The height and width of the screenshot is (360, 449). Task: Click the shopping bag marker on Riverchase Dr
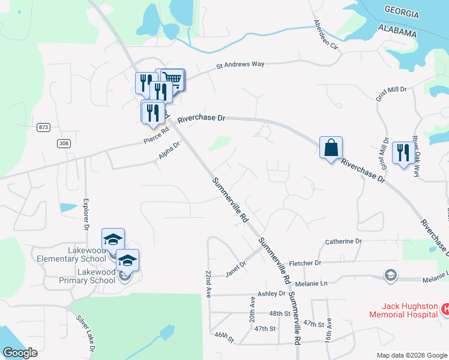pos(331,148)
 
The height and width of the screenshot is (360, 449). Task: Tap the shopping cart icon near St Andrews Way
pos(172,79)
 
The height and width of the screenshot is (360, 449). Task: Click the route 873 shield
pos(43,127)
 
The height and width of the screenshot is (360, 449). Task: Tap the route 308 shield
pos(64,143)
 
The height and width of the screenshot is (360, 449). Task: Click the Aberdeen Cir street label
pos(327,37)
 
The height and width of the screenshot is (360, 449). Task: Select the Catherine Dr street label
pos(343,241)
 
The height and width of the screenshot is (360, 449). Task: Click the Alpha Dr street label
pos(169,150)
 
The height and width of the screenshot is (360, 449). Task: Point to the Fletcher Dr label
pos(306,263)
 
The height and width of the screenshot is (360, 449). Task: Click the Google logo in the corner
pos(19,353)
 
